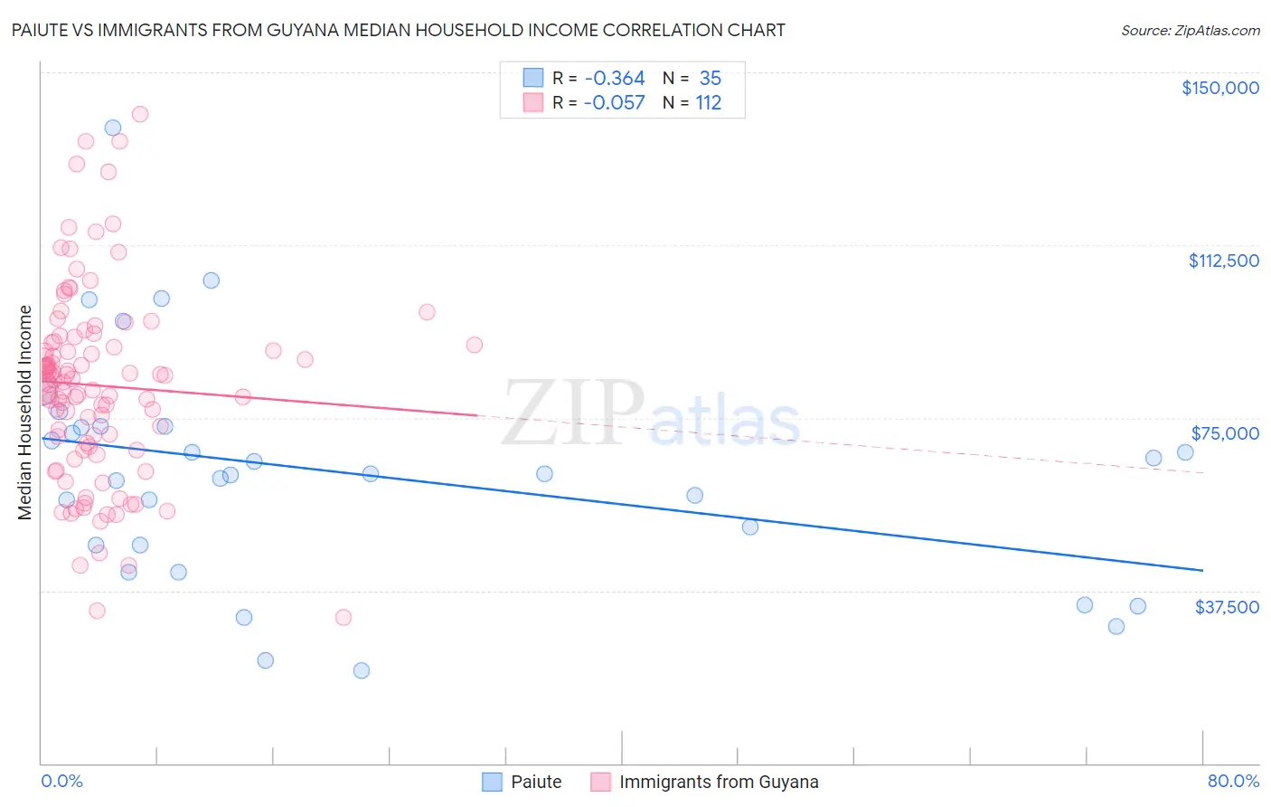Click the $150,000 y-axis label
pyautogui.click(x=1219, y=88)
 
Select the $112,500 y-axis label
pyautogui.click(x=1223, y=261)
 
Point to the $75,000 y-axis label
pyautogui.click(x=1225, y=433)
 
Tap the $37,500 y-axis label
pyautogui.click(x=1227, y=607)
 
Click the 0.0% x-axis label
pyautogui.click(x=61, y=781)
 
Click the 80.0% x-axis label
pyautogui.click(x=1233, y=781)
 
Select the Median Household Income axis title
pyautogui.click(x=24, y=413)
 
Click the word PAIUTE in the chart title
pyautogui.click(x=41, y=30)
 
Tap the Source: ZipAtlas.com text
pyautogui.click(x=1190, y=30)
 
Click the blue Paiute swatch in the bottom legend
pyautogui.click(x=492, y=782)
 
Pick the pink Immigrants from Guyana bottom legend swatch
pyautogui.click(x=600, y=782)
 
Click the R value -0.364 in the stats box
pyautogui.click(x=615, y=79)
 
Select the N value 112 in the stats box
pyautogui.click(x=709, y=103)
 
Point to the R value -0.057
pyautogui.click(x=615, y=103)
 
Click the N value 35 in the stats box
pyautogui.click(x=710, y=79)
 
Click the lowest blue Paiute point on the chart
pyautogui.click(x=362, y=670)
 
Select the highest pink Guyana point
pyautogui.click(x=140, y=114)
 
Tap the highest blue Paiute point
pyautogui.click(x=113, y=128)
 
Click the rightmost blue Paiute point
pyautogui.click(x=1185, y=452)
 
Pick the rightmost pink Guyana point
pyautogui.click(x=475, y=345)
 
